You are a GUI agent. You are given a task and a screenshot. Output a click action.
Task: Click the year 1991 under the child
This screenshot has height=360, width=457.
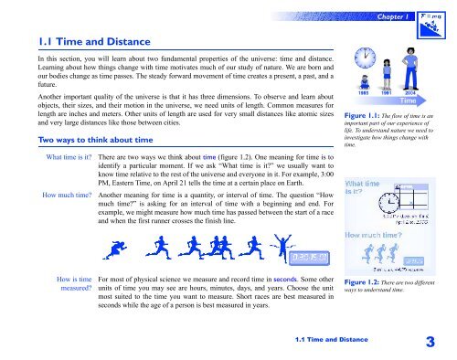pyautogui.click(x=388, y=119)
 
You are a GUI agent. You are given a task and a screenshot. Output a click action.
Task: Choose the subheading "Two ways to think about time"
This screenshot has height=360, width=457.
pyautogui.click(x=88, y=140)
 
